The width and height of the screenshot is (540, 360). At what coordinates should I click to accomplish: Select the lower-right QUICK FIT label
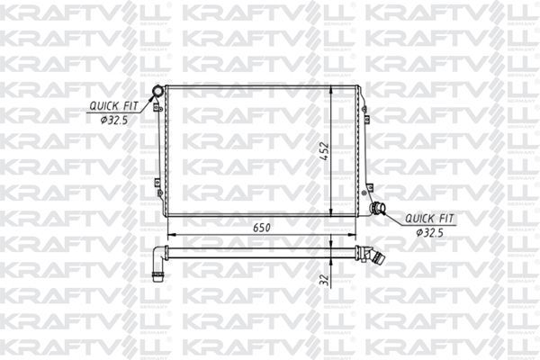[x=429, y=218]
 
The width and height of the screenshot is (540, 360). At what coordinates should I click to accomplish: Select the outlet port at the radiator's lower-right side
[x=377, y=209]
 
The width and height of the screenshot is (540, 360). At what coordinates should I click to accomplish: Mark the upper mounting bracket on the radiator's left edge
[x=157, y=108]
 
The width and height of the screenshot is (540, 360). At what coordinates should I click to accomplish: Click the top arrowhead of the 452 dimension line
[x=332, y=90]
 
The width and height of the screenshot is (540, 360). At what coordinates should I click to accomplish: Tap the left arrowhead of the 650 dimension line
[x=167, y=236]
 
